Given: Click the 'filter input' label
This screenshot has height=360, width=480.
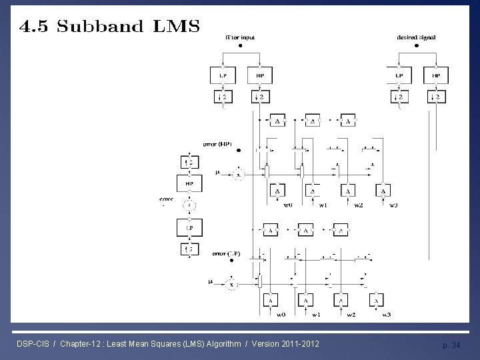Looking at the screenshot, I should [x=240, y=38].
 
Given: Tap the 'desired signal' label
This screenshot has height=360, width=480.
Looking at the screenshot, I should [x=417, y=38].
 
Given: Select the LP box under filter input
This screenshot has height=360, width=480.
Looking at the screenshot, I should [x=223, y=75].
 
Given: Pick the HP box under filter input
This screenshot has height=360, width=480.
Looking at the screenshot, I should [x=259, y=75].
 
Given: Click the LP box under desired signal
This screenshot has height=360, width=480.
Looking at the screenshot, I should [x=399, y=75].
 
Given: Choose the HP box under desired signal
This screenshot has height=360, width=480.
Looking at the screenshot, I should [x=436, y=75].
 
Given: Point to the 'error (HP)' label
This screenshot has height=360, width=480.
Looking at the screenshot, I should [x=218, y=144].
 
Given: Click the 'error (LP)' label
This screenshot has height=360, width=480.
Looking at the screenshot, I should [x=225, y=254].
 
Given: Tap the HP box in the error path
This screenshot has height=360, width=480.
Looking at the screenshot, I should [x=189, y=183].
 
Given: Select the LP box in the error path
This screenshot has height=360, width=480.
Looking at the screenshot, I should [x=189, y=227].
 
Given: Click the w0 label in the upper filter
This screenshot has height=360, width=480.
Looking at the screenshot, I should [x=287, y=205].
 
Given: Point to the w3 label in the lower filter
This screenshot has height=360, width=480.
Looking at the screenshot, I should [x=386, y=314].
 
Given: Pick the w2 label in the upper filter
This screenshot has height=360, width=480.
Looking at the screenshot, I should [x=358, y=205].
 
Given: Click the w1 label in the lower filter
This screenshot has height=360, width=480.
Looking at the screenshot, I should [x=316, y=314].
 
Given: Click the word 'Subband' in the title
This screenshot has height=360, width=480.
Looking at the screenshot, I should [x=101, y=27].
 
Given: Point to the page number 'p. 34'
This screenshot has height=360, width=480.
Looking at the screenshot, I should [x=451, y=345].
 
